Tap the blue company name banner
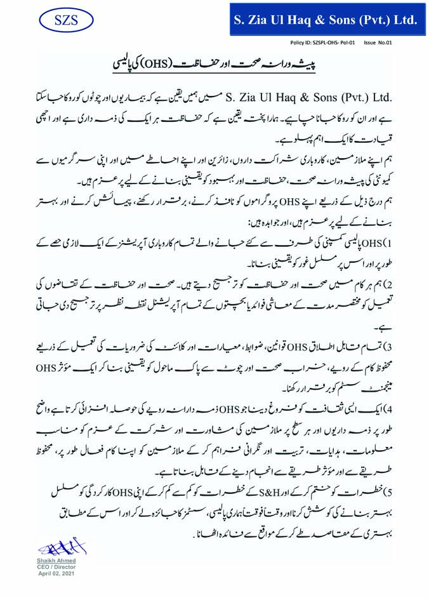[x=326, y=20]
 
